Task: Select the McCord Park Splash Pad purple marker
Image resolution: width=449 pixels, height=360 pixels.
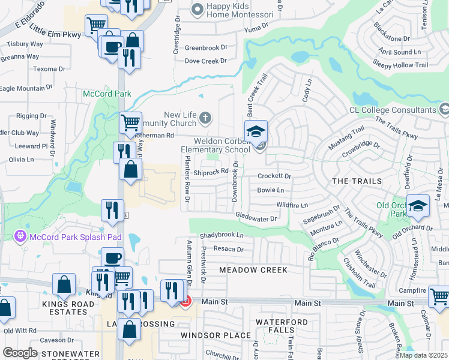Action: tap(20, 236)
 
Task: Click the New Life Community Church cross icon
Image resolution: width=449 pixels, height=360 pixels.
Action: tap(205, 118)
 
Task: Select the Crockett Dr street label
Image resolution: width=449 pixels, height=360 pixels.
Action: tap(274, 176)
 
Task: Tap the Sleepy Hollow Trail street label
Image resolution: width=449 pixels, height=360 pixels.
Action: tap(400, 65)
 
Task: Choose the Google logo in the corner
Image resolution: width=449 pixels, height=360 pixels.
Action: tap(20, 352)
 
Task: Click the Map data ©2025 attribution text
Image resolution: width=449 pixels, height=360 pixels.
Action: tap(423, 355)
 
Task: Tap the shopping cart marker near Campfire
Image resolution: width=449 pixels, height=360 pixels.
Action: tap(439, 296)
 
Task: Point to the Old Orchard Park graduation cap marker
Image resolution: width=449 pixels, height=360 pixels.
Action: tap(418, 205)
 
